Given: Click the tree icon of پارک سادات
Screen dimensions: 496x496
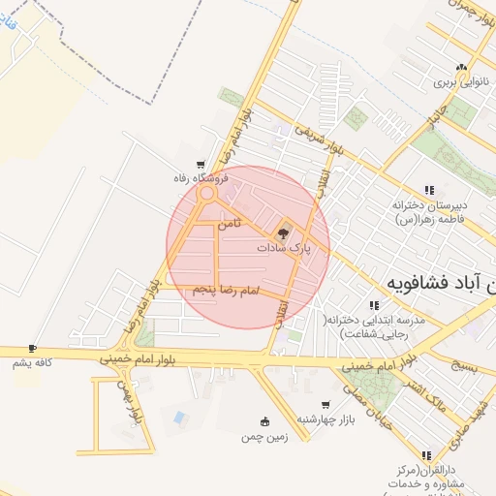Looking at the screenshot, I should point(284,232).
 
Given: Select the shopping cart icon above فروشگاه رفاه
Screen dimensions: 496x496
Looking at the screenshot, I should point(201,165).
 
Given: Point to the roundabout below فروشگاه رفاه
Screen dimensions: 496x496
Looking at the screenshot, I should point(206,194).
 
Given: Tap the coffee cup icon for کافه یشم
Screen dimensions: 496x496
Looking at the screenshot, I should point(32,348).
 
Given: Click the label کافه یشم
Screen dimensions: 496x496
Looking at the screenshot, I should point(32,362).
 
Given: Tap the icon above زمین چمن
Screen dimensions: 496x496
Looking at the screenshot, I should point(264,420).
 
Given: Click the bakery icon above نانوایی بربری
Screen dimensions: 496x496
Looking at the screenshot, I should point(462,68).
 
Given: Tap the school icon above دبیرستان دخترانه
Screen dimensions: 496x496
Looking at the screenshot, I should point(428,190).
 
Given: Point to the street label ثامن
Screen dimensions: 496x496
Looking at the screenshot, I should point(229,224).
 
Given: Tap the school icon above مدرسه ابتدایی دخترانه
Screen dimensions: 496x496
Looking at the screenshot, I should point(374,304).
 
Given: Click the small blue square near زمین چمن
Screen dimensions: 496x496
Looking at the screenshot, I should point(179,418).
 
